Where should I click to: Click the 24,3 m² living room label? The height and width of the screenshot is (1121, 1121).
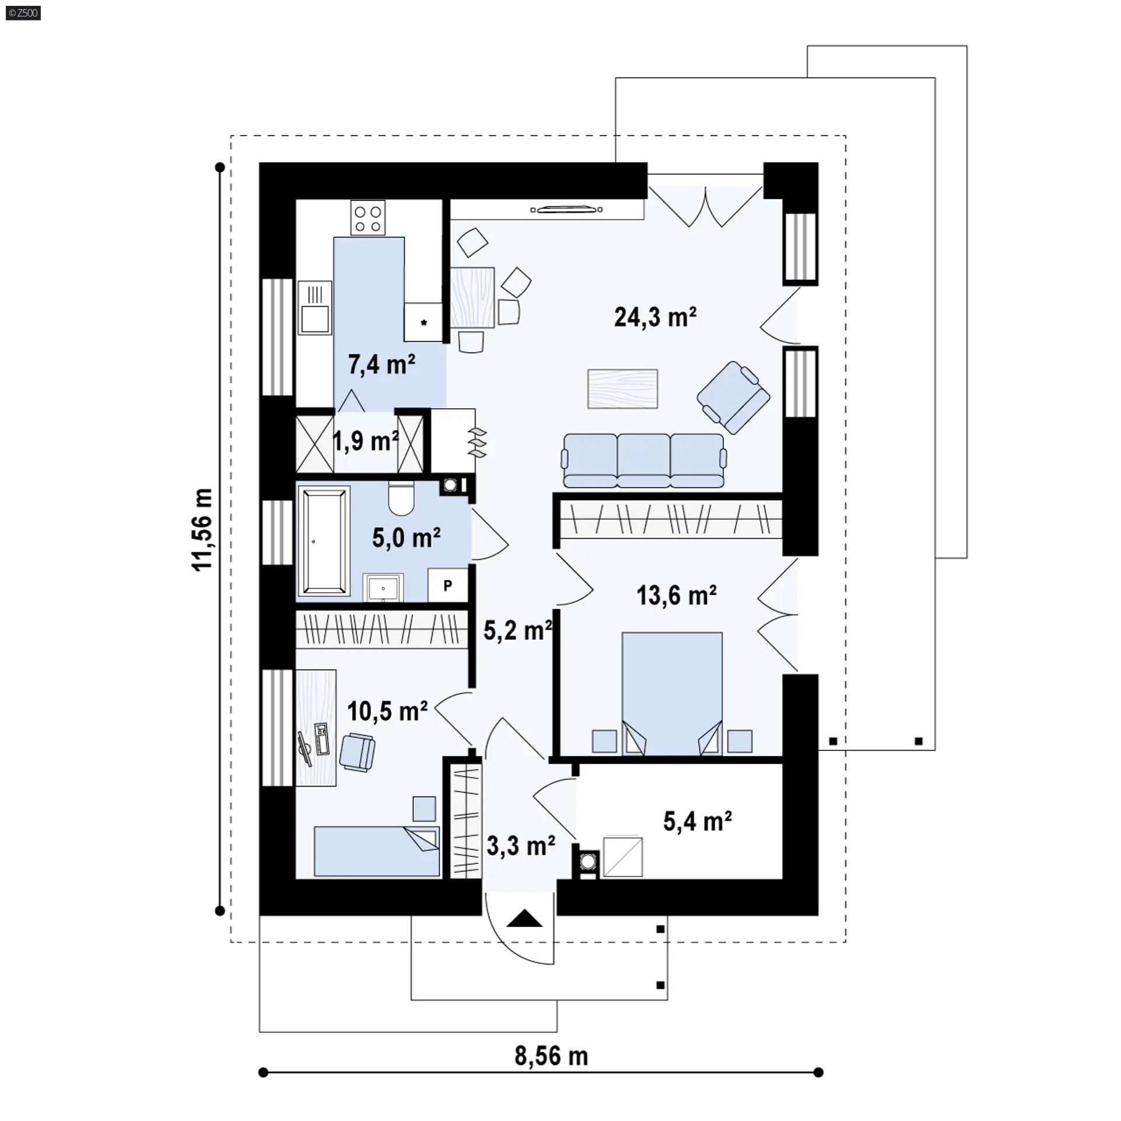click(x=655, y=317)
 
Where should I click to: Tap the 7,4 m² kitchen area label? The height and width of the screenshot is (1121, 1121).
click(x=382, y=364)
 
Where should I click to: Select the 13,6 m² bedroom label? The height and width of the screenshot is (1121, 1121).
click(x=677, y=596)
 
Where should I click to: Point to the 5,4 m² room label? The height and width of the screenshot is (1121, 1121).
click(x=698, y=821)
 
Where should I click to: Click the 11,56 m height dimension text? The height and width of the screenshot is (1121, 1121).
click(x=203, y=530)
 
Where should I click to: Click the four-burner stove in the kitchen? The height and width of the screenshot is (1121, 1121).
click(x=368, y=218)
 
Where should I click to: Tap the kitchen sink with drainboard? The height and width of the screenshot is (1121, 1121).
click(x=315, y=308)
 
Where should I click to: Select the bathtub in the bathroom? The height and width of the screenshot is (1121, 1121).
click(x=323, y=541)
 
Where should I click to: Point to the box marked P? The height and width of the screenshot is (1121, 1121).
click(x=447, y=584)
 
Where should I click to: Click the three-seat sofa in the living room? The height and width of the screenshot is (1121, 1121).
click(x=643, y=460)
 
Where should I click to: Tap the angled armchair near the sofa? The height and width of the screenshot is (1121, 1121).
click(x=733, y=397)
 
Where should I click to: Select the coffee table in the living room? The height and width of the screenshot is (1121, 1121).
click(x=623, y=388)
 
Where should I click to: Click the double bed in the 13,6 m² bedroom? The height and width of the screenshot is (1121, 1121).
click(x=672, y=693)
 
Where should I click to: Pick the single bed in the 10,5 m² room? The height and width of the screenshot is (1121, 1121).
click(x=377, y=851)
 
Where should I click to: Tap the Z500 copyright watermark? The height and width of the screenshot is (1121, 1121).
click(x=23, y=12)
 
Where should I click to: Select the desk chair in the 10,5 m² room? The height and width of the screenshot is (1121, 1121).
click(x=357, y=753)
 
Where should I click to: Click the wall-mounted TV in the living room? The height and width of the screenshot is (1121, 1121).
click(x=566, y=209)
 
